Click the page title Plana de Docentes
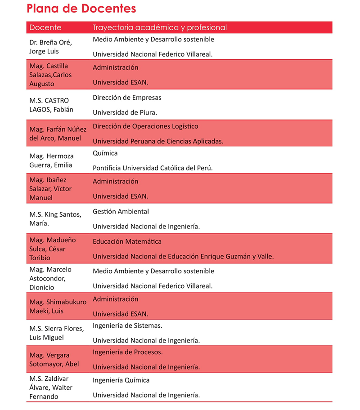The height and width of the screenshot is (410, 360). coord(81,9)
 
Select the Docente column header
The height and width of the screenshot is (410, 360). coord(45,28)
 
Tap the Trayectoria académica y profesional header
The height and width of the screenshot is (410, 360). coord(159,28)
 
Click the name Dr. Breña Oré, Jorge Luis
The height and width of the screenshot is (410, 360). coord(50,47)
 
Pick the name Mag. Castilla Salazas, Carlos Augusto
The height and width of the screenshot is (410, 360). coord(50,75)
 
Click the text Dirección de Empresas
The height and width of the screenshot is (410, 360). coord(127,98)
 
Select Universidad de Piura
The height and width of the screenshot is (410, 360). coord(125,112)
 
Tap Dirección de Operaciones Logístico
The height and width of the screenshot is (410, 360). coord(145,126)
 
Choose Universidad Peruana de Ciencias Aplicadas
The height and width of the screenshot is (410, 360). coord(158,141)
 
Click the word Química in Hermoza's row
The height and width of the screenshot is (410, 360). coord(105,153)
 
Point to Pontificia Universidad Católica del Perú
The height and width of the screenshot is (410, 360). coord(153,168)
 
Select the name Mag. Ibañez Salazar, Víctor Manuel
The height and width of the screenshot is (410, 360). coord(50,189)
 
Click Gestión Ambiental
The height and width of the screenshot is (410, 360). coord(121,211)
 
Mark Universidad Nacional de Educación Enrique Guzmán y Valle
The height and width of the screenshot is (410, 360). coord(183,257)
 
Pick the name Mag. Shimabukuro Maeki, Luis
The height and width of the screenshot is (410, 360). coord(58,307)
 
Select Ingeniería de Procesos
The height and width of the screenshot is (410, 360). coord(128,352)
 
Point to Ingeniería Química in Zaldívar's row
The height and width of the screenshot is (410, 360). coord(121,380)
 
